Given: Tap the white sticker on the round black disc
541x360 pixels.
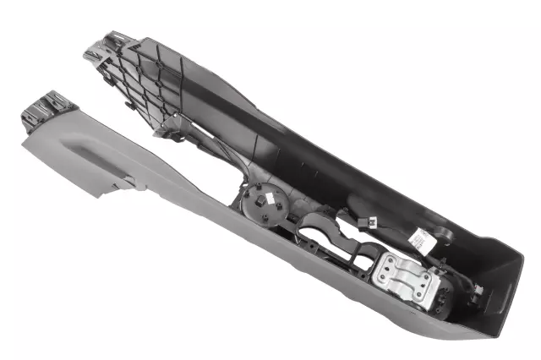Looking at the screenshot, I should [x=267, y=200].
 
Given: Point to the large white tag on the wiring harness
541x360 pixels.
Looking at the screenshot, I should [x=418, y=239].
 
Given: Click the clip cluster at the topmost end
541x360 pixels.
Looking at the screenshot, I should [x=108, y=46].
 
